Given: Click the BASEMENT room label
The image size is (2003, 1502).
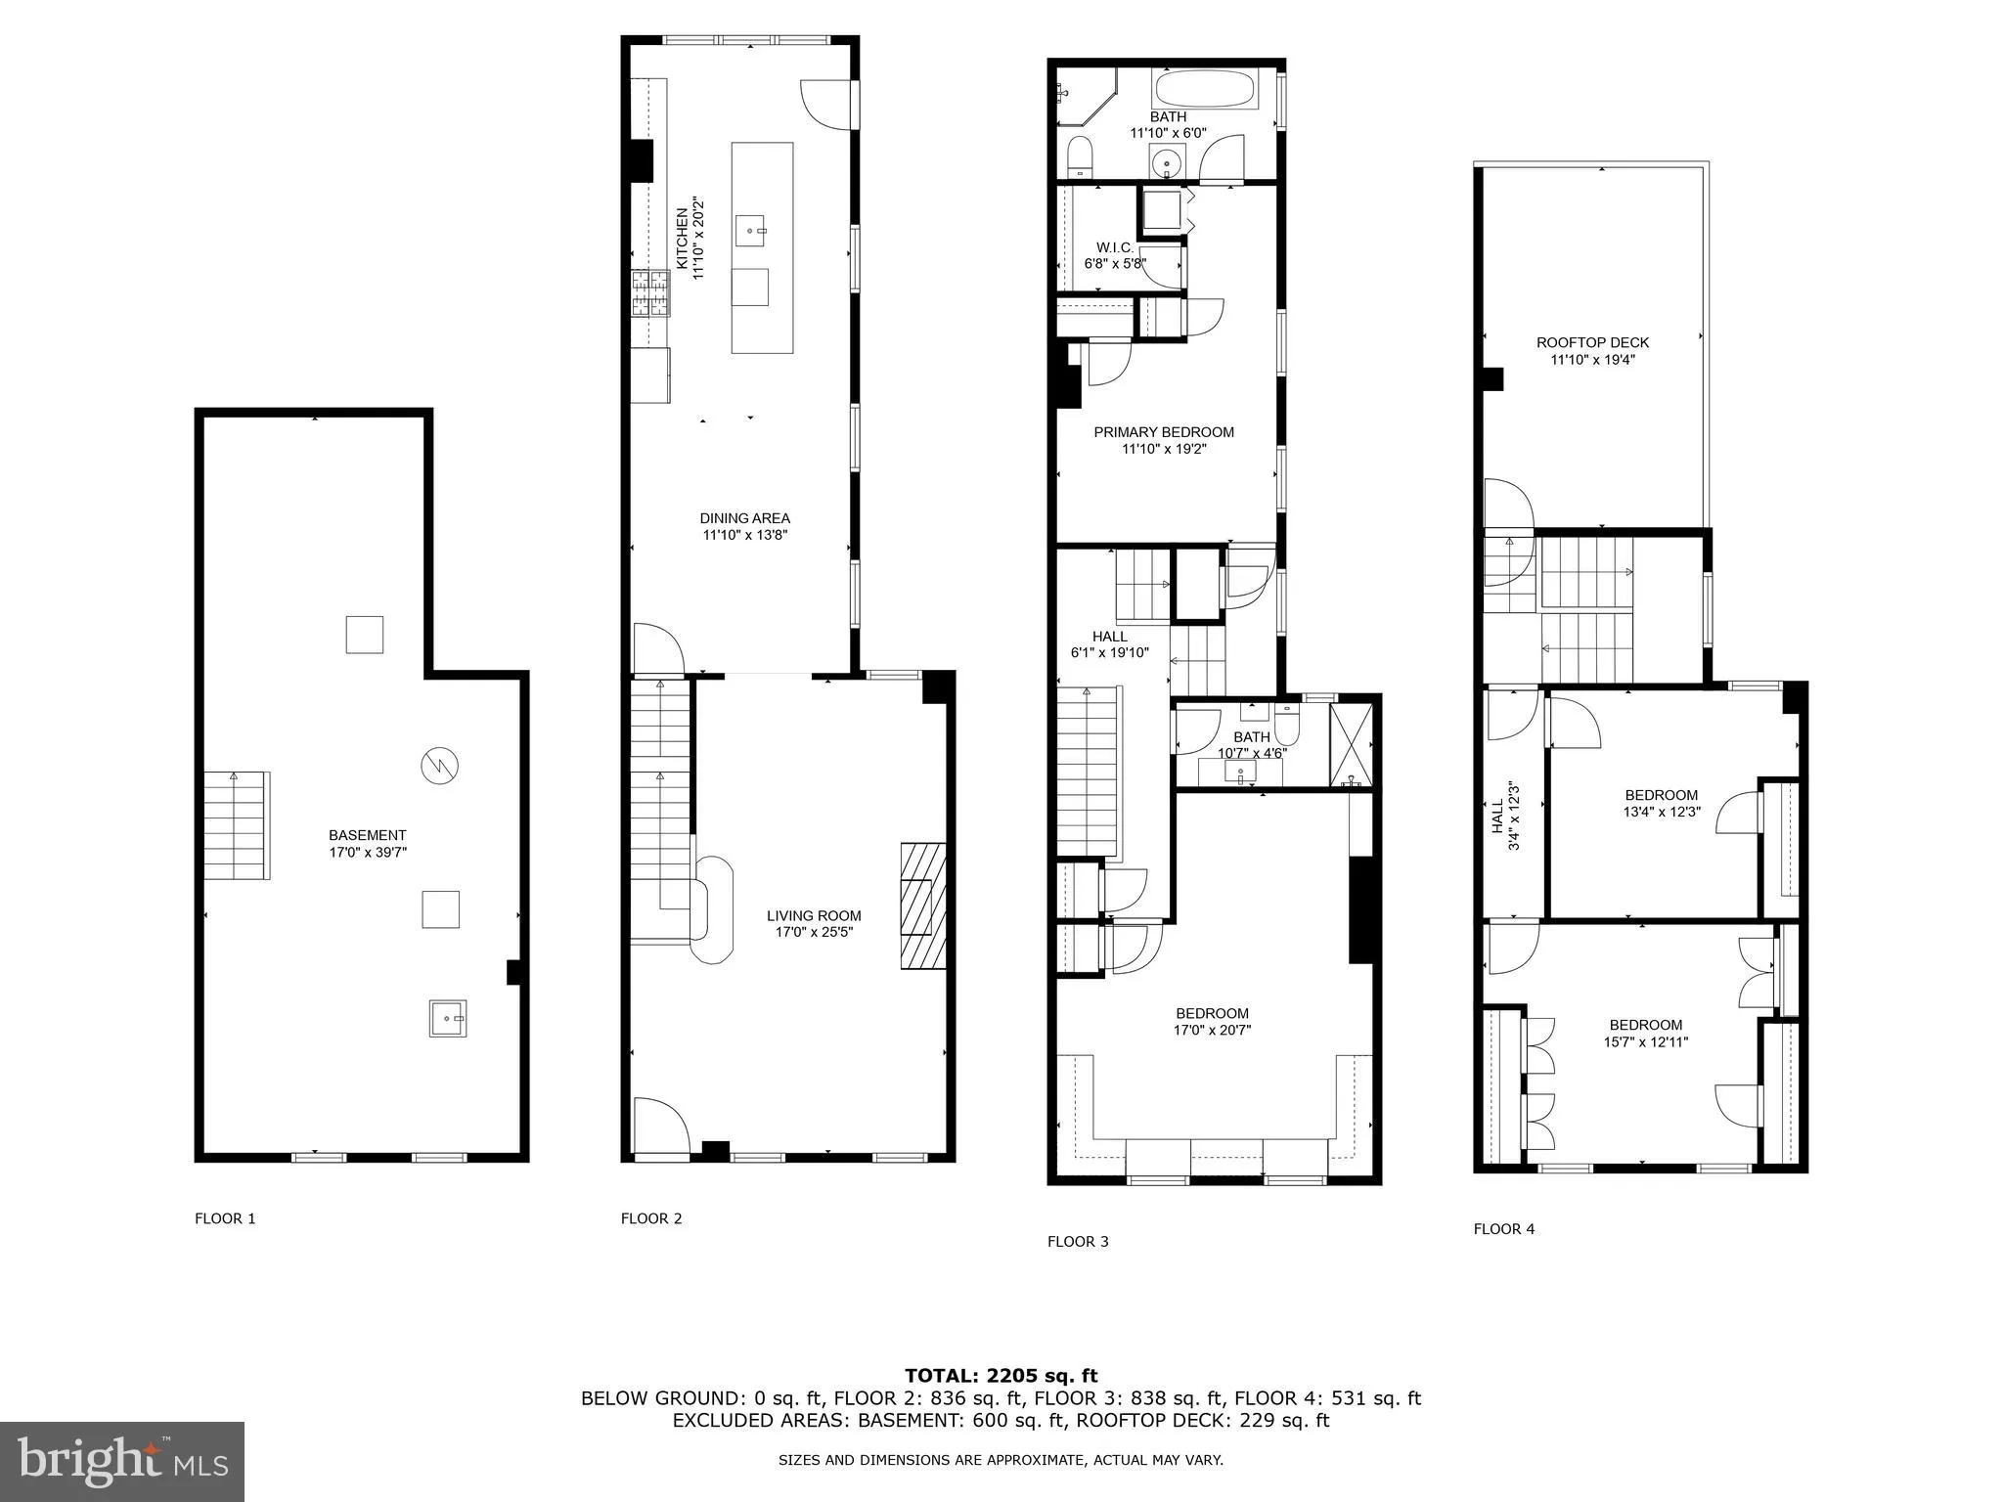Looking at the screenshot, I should [x=367, y=835].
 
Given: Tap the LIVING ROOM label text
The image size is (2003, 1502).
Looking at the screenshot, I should [x=814, y=916].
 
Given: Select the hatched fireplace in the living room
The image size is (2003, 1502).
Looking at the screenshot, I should [x=923, y=906].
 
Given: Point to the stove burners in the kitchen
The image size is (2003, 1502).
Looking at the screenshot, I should [x=650, y=293].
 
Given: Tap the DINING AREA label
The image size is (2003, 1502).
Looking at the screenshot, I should [x=744, y=518].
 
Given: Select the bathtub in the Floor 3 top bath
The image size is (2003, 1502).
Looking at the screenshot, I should [x=1205, y=91].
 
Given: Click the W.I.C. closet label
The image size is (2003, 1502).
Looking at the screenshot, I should [x=1115, y=248].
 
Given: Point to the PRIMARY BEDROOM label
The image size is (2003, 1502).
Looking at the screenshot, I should [x=1164, y=432].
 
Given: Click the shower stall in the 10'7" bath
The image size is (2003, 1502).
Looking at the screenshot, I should [x=1352, y=744].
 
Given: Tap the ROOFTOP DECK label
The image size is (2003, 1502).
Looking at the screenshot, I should [x=1592, y=342].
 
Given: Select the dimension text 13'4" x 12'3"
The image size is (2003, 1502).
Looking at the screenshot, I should [x=1662, y=812].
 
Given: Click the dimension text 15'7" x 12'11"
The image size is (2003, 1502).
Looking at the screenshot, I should [x=1646, y=1041].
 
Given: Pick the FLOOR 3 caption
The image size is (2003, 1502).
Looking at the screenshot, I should [x=1078, y=1242].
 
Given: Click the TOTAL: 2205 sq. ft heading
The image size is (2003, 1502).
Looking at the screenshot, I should [x=1001, y=1376].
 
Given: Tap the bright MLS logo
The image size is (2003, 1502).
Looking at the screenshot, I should [x=122, y=1461].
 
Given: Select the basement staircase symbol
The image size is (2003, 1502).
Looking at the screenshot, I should [x=237, y=826].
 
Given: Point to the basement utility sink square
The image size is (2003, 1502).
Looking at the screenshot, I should [x=448, y=1018].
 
